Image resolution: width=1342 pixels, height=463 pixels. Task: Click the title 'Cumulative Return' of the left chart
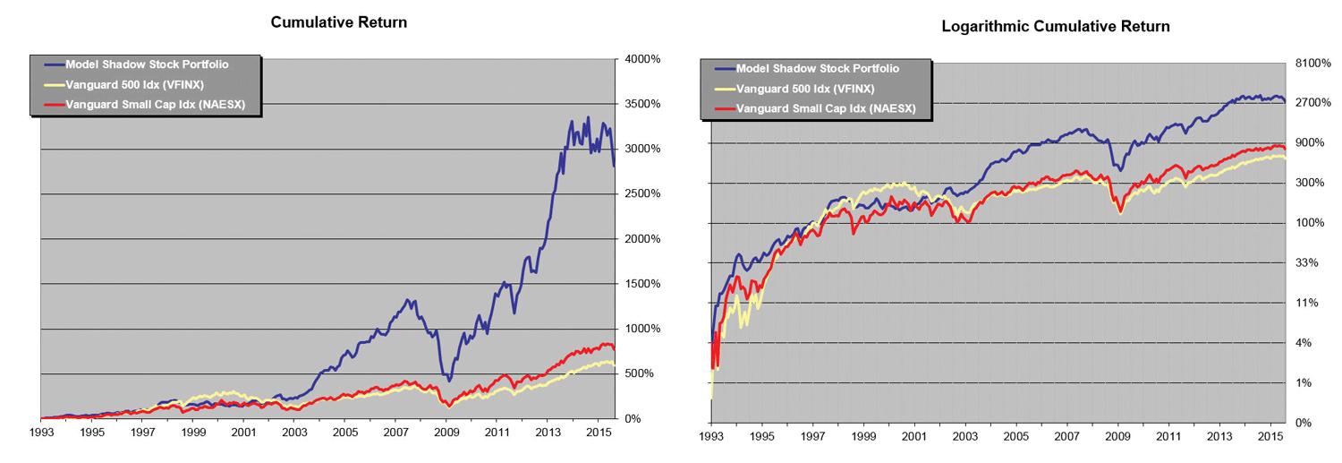(339, 22)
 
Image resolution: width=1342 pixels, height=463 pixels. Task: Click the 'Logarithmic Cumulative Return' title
(1056, 27)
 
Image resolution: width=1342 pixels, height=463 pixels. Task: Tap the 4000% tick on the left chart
(642, 59)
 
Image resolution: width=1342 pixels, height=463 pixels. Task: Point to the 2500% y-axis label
(642, 193)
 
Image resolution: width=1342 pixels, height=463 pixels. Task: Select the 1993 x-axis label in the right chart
(710, 437)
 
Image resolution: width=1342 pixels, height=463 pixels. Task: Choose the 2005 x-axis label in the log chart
(1015, 437)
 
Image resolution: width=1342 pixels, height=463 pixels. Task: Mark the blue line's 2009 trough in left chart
(448, 381)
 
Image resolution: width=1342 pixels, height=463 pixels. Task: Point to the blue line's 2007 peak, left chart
(408, 300)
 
